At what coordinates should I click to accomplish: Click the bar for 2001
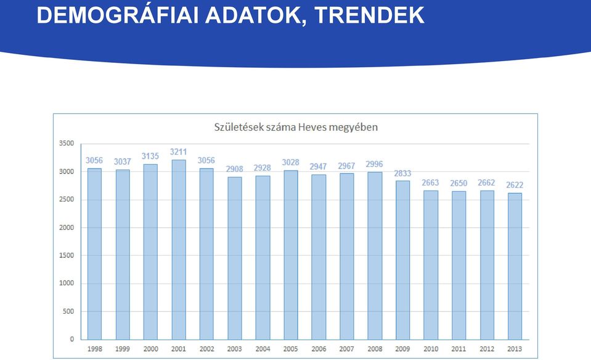point(179,250)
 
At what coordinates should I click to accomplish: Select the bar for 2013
point(515,266)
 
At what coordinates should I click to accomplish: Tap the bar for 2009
point(402,260)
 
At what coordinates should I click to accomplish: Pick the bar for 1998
point(95,254)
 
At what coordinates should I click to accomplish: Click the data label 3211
point(178,152)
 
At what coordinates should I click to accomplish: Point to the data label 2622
point(515,185)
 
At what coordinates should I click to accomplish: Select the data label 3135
point(150,156)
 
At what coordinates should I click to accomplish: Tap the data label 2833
point(402,173)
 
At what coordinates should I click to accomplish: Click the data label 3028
point(291,163)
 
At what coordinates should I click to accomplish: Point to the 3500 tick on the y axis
point(67,143)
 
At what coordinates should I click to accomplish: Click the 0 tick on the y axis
point(72,339)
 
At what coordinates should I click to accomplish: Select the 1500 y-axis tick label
point(67,255)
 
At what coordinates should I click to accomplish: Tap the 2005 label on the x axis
point(291,349)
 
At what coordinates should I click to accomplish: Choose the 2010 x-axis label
point(431,349)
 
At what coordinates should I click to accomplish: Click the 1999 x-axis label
point(123,349)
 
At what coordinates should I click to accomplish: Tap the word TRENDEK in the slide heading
point(369,15)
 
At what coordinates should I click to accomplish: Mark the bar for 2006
point(319,257)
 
